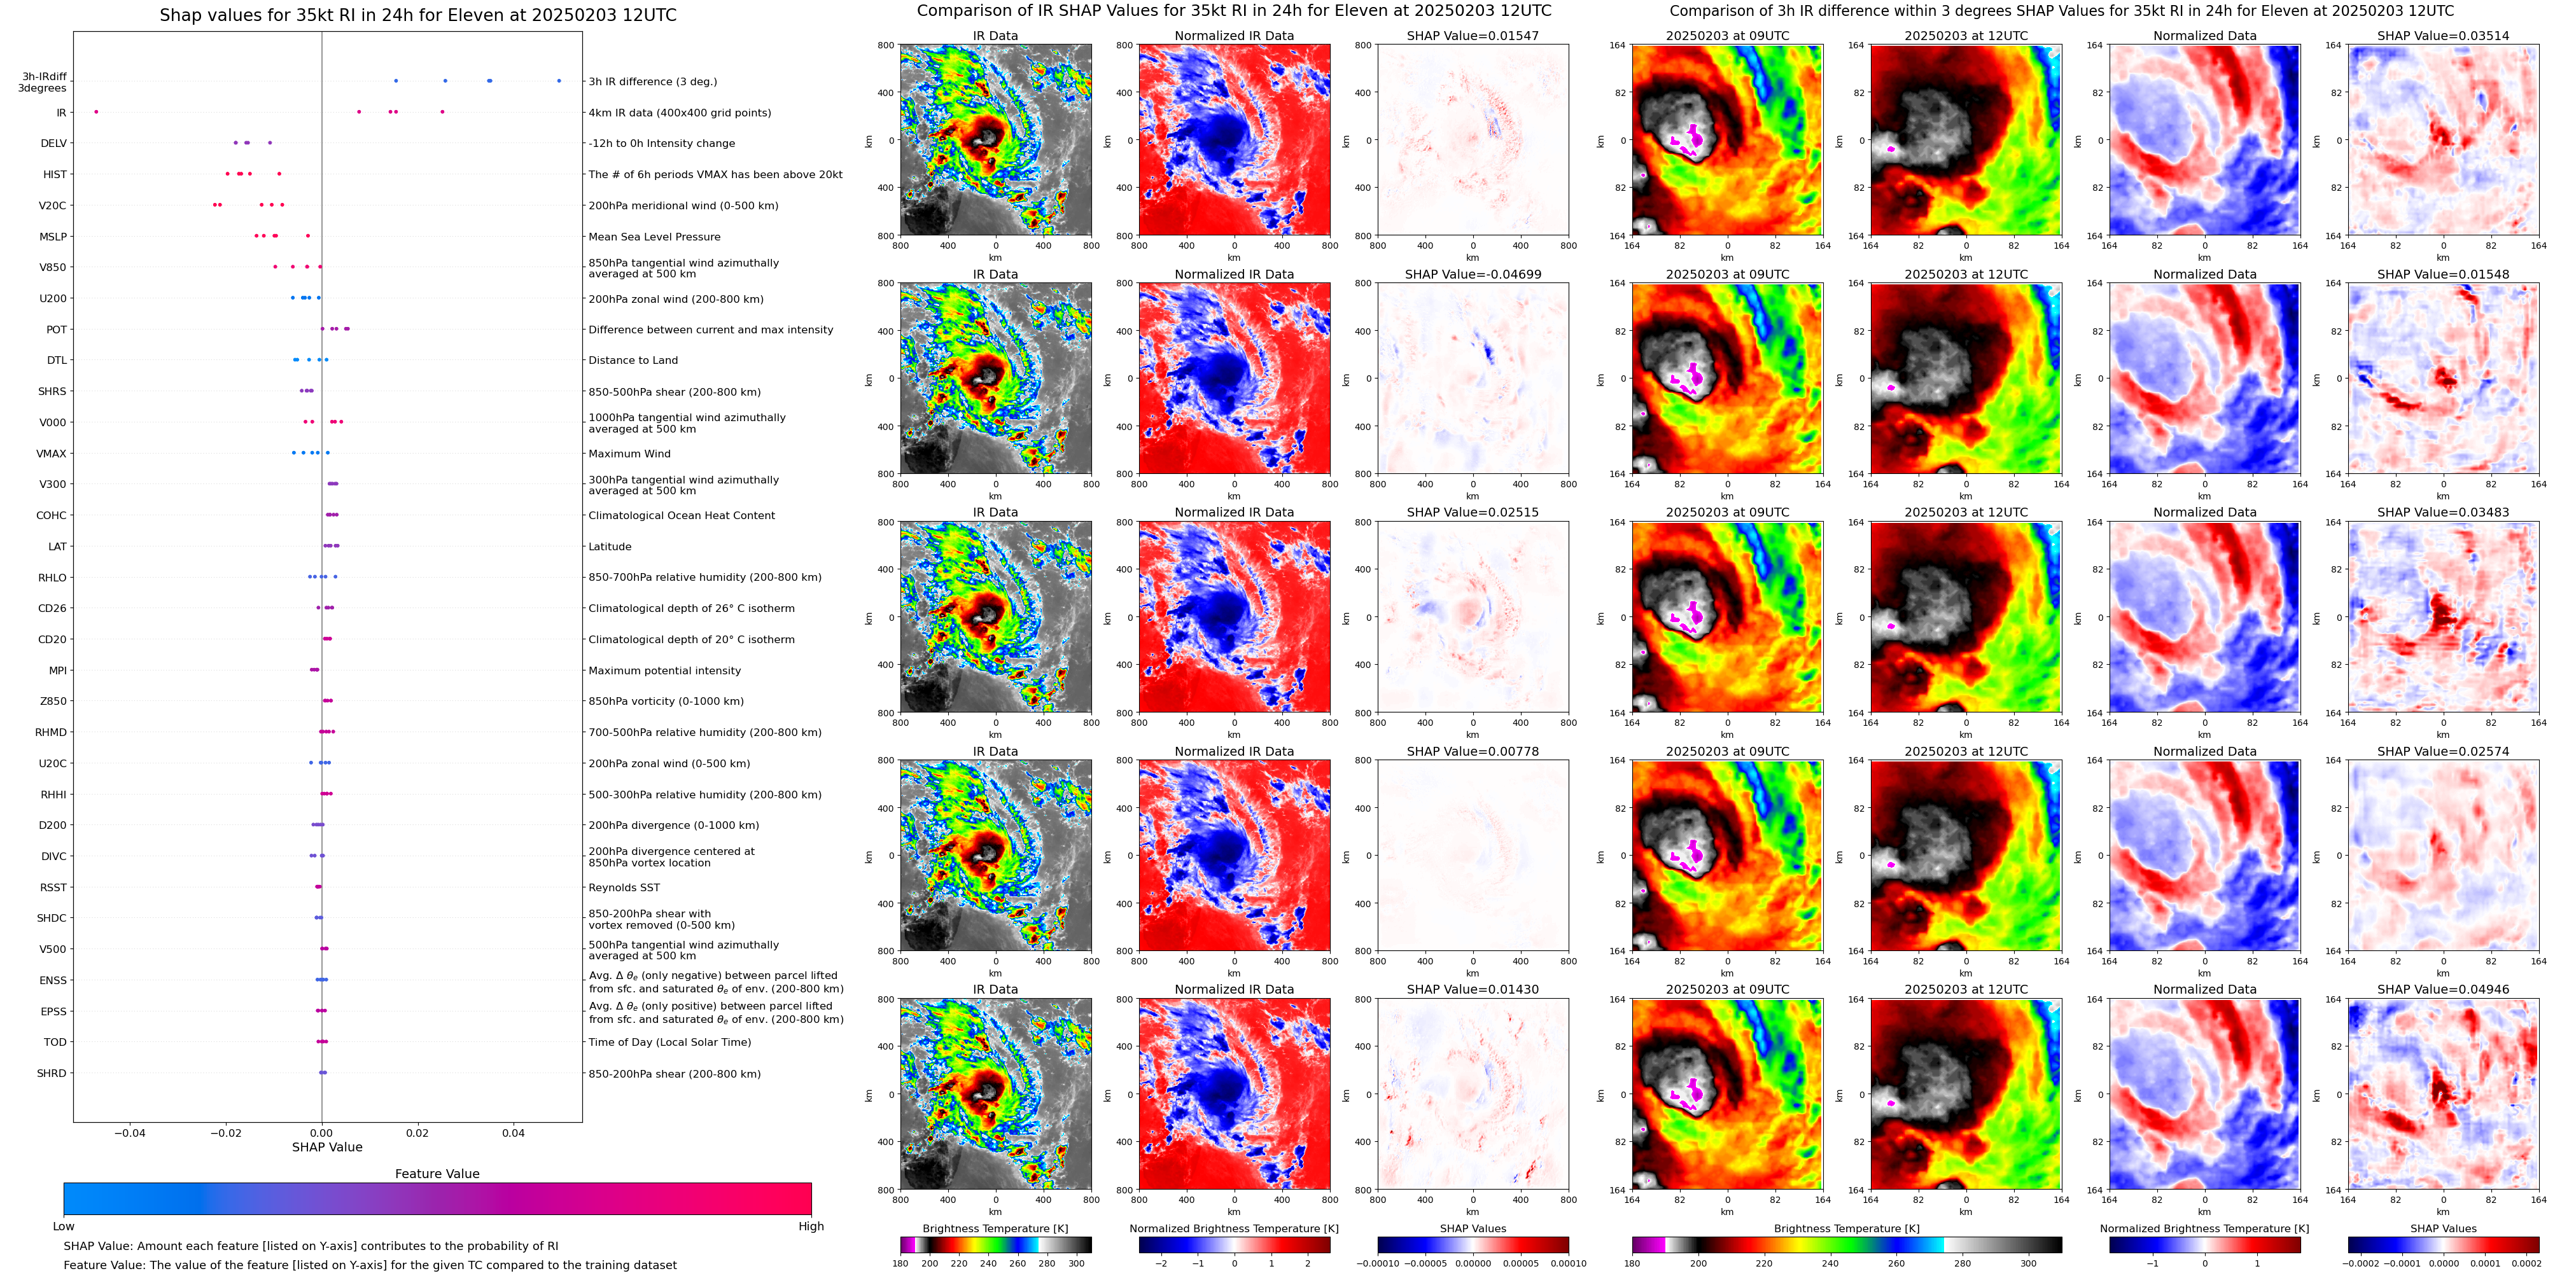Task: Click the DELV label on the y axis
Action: pyautogui.click(x=53, y=144)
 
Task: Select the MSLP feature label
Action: pyautogui.click(x=53, y=237)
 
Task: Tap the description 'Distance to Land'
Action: pyautogui.click(x=633, y=361)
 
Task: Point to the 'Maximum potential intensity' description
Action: pyautogui.click(x=664, y=671)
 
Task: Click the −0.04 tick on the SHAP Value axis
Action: pyautogui.click(x=129, y=1133)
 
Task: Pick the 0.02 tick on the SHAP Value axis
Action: pyautogui.click(x=417, y=1133)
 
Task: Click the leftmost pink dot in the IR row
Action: pyautogui.click(x=96, y=112)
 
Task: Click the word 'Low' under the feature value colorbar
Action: pyautogui.click(x=64, y=1226)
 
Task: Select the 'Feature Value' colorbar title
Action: pyautogui.click(x=437, y=1174)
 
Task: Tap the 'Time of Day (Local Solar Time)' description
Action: pyautogui.click(x=669, y=1043)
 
